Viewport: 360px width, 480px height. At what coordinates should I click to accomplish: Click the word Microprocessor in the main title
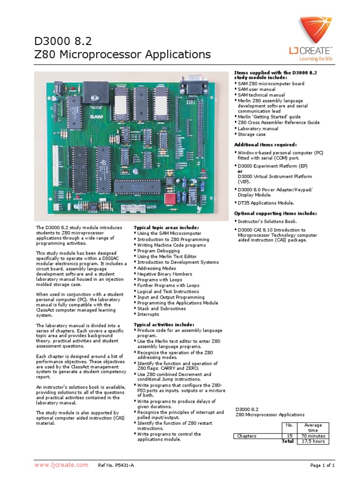tap(95, 55)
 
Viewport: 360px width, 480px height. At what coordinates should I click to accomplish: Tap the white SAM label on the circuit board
tap(96, 115)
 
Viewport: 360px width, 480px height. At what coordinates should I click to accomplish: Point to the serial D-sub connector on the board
tap(194, 85)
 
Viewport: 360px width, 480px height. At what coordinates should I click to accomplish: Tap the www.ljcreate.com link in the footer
tap(61, 465)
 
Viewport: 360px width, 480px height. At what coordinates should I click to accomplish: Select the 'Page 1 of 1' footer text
tap(322, 465)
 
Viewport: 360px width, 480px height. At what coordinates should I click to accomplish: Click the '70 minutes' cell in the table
tap(313, 436)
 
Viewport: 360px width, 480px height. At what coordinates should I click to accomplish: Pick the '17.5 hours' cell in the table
tap(313, 442)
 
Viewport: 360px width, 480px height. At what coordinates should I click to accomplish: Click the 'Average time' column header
tap(313, 427)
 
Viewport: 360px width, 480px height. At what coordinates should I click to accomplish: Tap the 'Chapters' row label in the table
tap(247, 436)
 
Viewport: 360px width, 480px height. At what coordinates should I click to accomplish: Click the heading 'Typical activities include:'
tap(164, 324)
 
